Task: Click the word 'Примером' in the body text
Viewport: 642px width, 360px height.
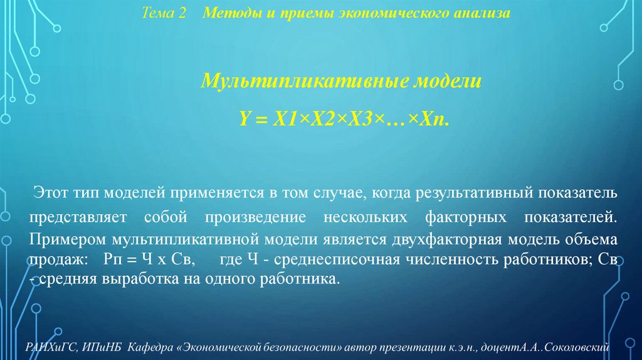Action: (x=68, y=240)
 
